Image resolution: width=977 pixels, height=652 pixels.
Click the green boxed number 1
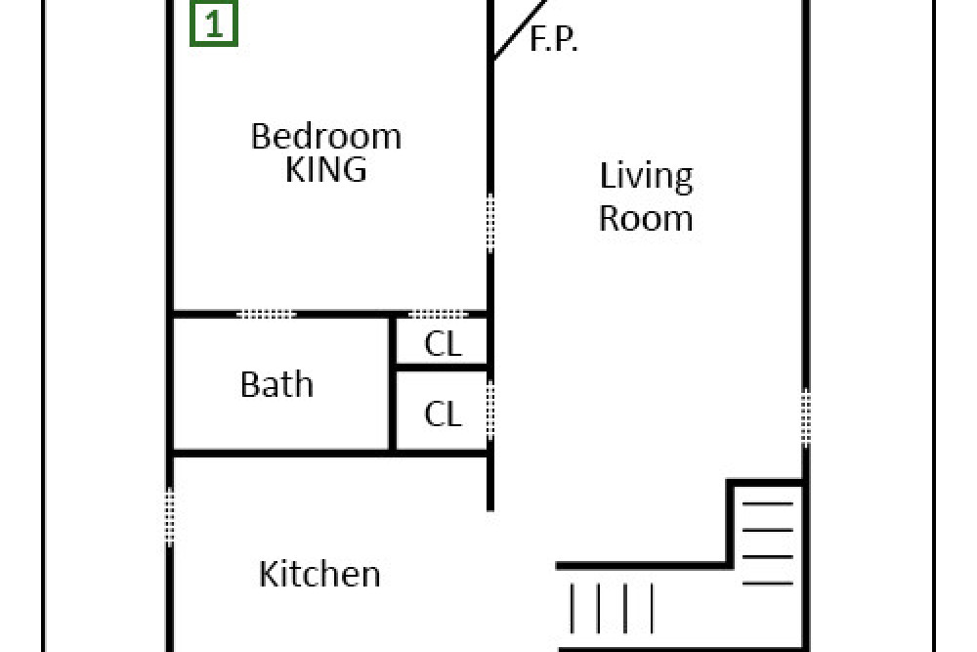(x=214, y=23)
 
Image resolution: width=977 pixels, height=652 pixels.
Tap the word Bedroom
(x=326, y=136)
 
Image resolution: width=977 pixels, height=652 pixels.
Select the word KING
(x=326, y=169)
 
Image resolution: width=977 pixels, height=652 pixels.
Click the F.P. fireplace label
(x=553, y=39)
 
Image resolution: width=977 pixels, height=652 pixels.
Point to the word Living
(x=646, y=176)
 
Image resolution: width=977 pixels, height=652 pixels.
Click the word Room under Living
(x=646, y=218)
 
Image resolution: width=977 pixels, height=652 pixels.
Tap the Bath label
(x=276, y=384)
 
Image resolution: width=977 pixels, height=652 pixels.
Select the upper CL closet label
(x=443, y=343)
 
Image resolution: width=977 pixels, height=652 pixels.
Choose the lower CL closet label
(x=443, y=413)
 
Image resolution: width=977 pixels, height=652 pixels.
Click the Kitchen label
(x=319, y=574)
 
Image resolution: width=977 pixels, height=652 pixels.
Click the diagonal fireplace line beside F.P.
(x=520, y=29)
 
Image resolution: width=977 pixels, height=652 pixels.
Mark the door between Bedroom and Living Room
(x=490, y=224)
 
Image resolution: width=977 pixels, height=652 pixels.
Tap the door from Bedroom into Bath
(x=267, y=314)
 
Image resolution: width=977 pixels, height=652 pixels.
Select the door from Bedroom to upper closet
(x=438, y=314)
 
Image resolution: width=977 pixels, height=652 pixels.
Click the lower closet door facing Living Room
(x=490, y=411)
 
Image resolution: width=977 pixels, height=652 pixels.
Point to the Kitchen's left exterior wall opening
(x=169, y=517)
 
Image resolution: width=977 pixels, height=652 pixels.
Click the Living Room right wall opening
(x=806, y=417)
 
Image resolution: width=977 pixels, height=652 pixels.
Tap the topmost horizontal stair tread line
(x=768, y=503)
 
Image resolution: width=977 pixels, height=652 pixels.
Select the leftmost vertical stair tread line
(x=572, y=608)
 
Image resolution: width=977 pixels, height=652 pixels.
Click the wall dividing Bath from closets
(x=393, y=383)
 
